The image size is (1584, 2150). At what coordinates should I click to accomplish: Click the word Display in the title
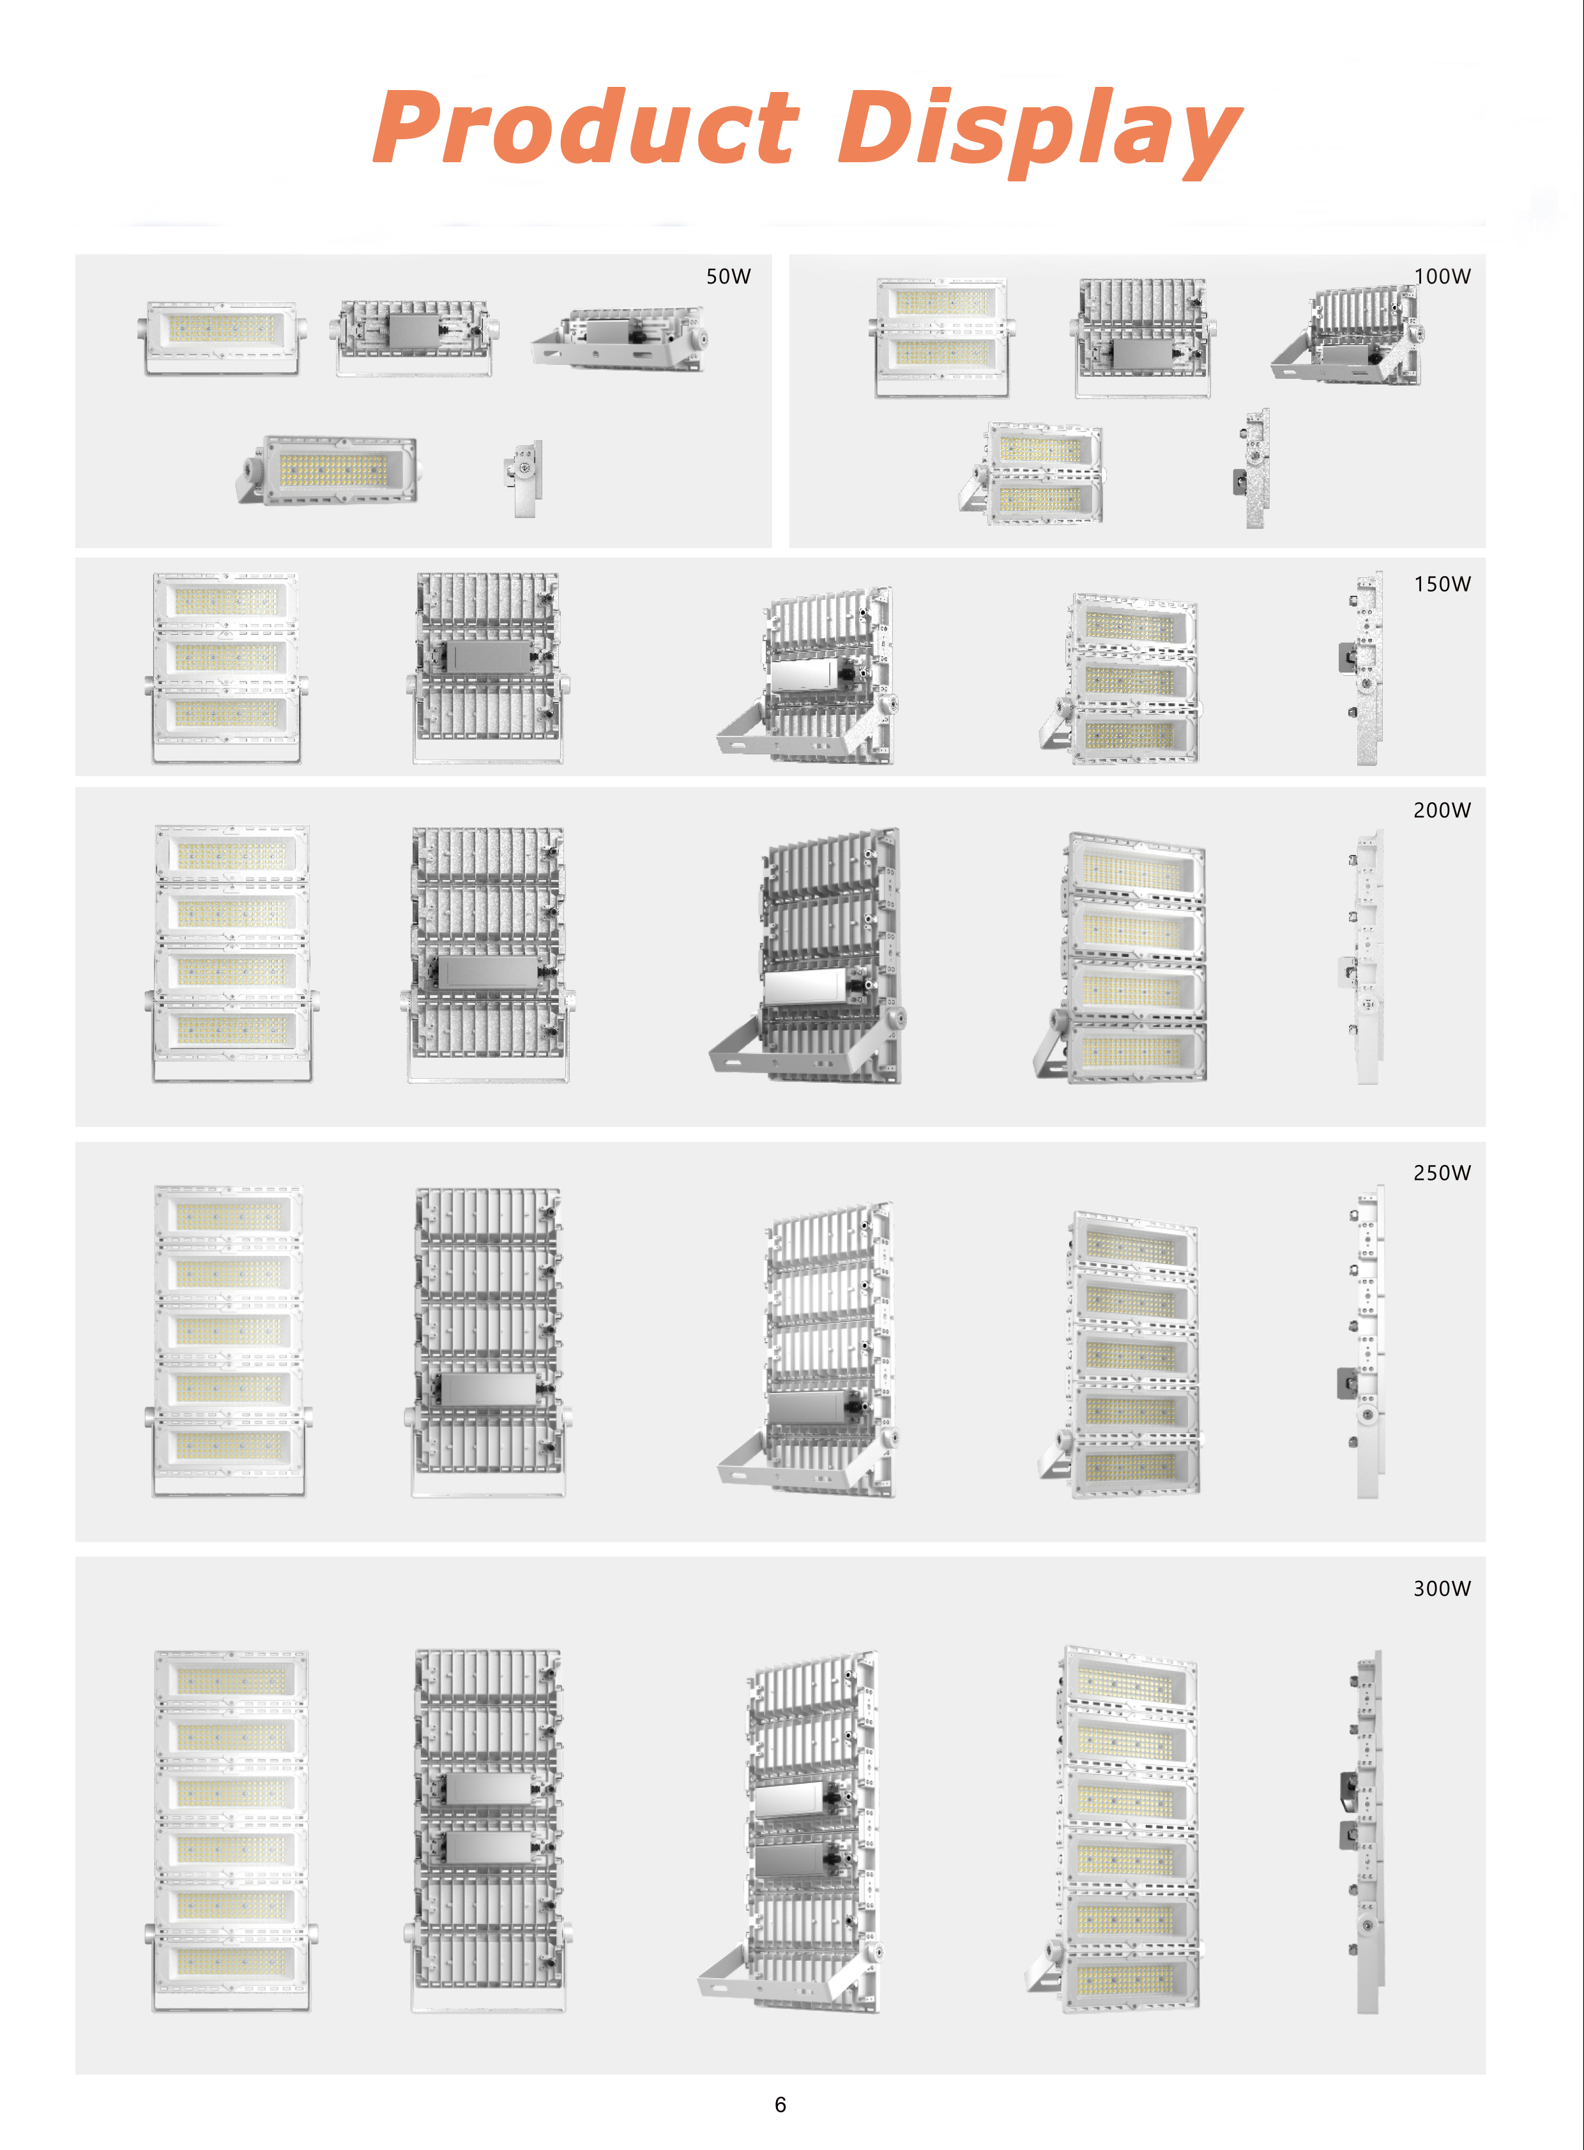(x=1040, y=132)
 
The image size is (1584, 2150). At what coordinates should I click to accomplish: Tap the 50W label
(x=729, y=276)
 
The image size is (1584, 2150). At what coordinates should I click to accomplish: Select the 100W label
(x=1442, y=276)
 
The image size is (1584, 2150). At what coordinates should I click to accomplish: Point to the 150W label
(x=1442, y=584)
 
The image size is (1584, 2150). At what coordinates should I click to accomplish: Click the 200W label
(x=1442, y=811)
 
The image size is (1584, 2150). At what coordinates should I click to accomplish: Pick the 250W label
(x=1442, y=1173)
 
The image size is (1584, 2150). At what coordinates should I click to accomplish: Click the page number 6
(x=781, y=2105)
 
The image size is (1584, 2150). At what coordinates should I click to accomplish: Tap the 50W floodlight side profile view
(x=524, y=478)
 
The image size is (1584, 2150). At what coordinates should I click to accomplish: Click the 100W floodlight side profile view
(x=1253, y=468)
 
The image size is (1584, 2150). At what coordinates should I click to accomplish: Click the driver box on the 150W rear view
(x=489, y=656)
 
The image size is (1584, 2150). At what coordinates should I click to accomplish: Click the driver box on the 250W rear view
(x=487, y=1389)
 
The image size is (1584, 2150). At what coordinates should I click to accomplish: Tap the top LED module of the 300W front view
(x=231, y=1679)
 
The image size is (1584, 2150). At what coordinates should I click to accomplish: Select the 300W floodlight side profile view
(x=1362, y=1833)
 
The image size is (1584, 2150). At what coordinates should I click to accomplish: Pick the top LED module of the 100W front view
(x=941, y=303)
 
